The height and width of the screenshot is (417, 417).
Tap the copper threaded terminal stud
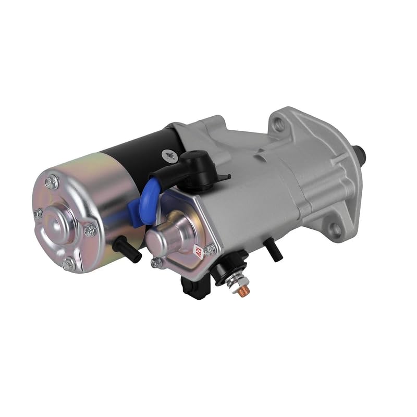click(242, 292)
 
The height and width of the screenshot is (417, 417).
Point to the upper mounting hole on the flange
click(279, 124)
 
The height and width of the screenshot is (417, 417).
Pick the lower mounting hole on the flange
click(336, 228)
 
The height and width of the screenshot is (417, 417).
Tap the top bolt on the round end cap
click(52, 182)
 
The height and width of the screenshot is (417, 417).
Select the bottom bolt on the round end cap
click(69, 264)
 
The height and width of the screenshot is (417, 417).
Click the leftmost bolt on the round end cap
click(39, 213)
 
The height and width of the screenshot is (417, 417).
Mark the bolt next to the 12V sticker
click(210, 250)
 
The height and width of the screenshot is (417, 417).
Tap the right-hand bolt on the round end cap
click(90, 229)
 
